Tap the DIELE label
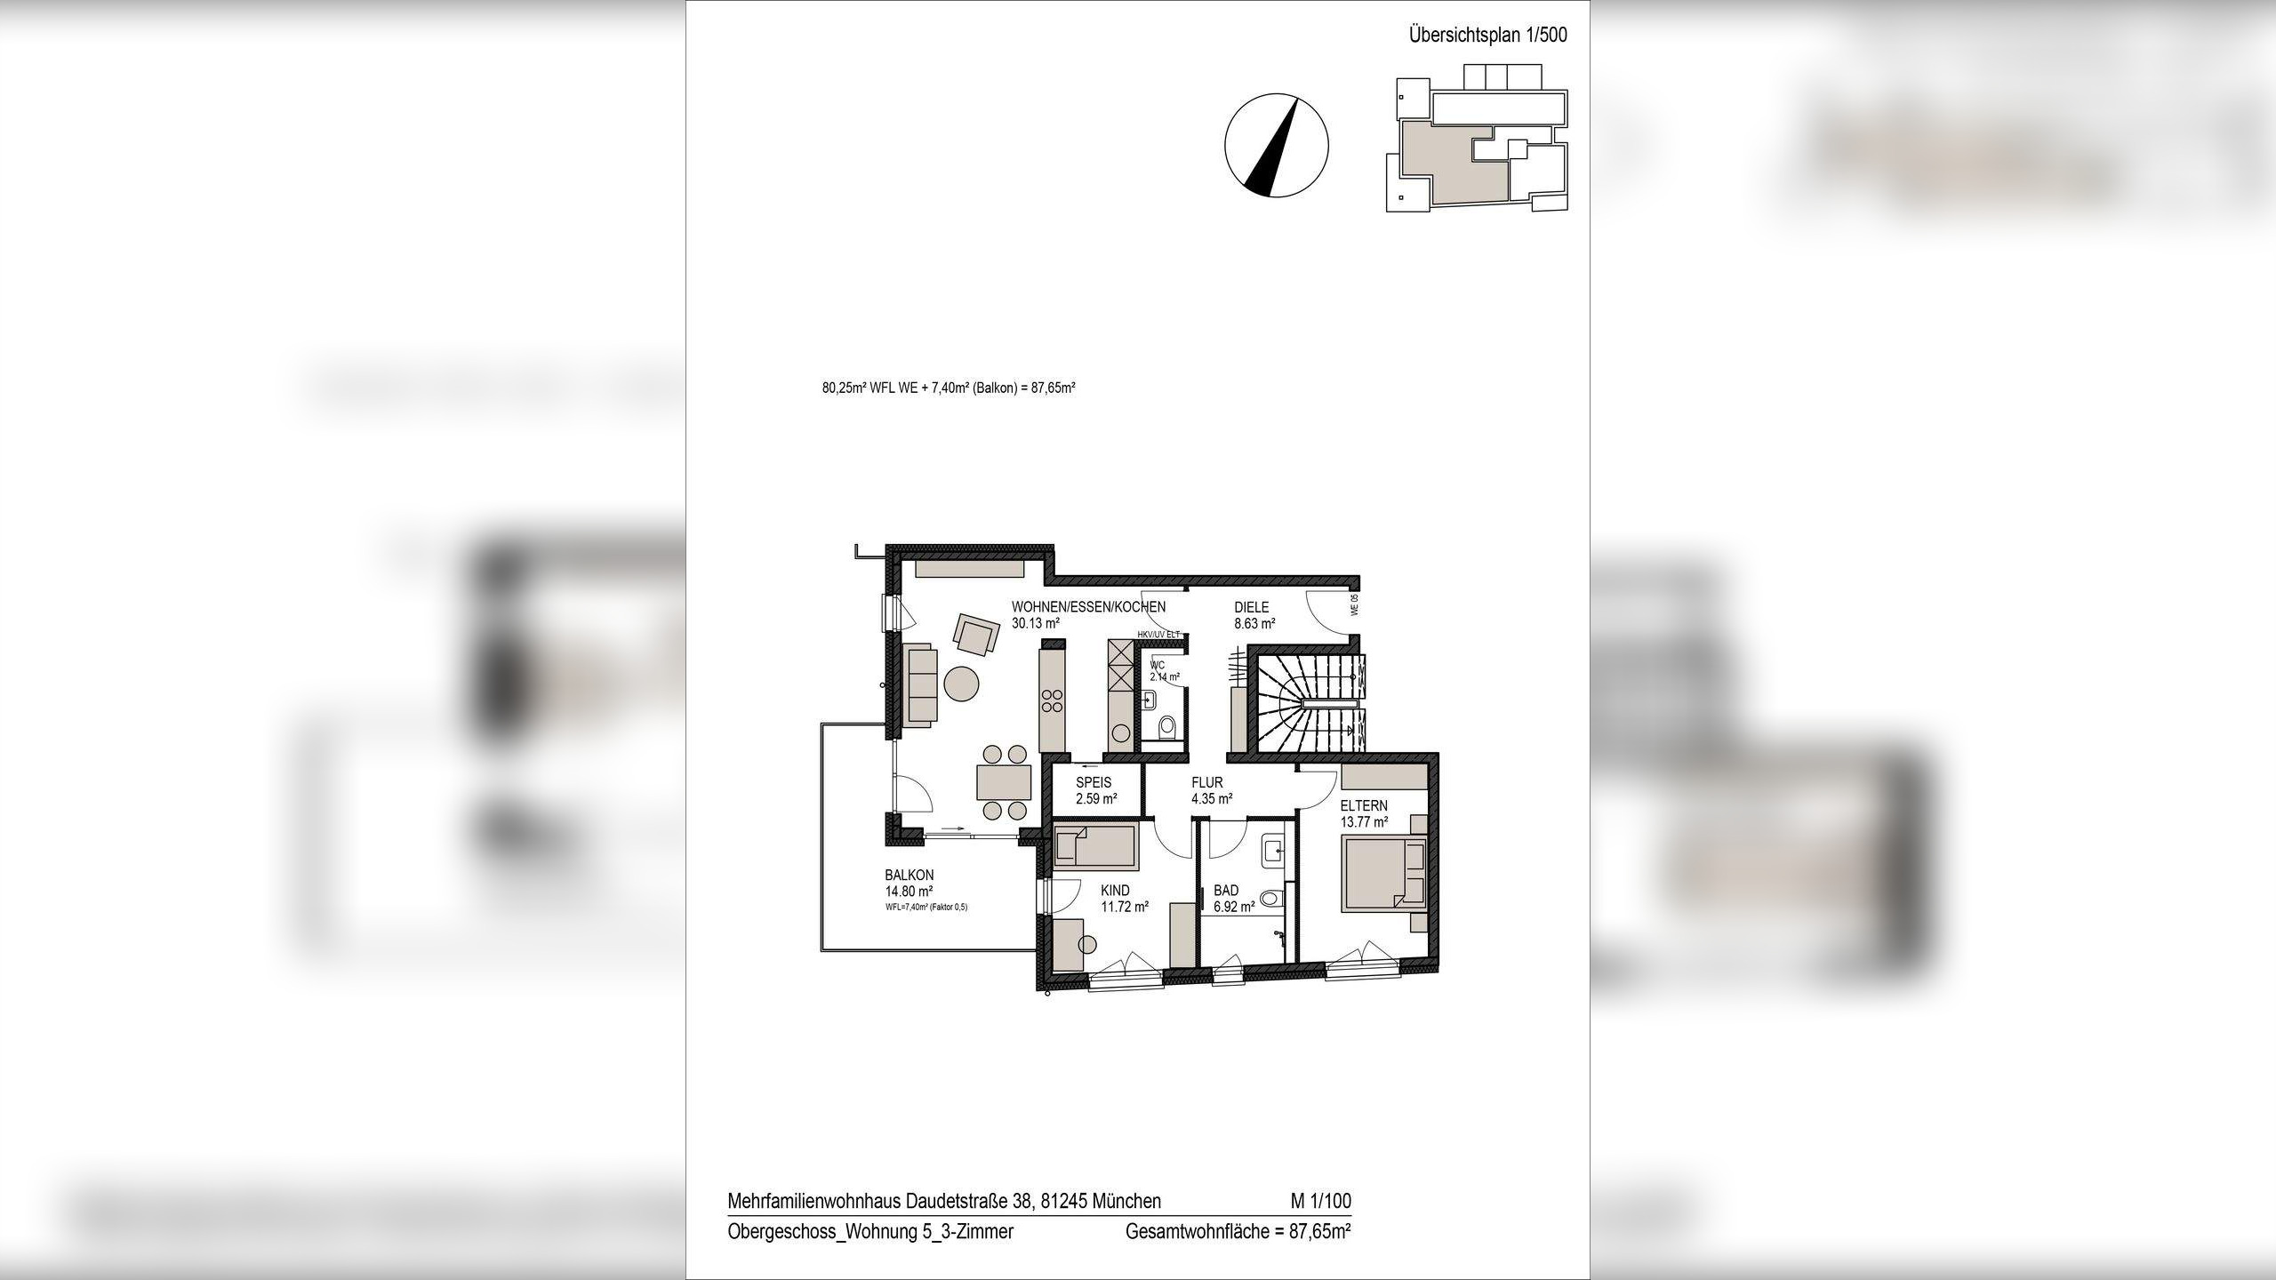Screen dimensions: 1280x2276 [1251, 608]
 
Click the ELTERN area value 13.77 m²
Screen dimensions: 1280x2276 [1364, 822]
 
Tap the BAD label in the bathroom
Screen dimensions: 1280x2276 [1226, 891]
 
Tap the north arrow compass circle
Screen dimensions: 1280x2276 [1276, 144]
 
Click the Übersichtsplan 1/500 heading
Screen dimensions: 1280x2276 [1487, 36]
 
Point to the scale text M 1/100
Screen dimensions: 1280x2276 [1320, 1201]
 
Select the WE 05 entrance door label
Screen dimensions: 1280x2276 [1354, 605]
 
